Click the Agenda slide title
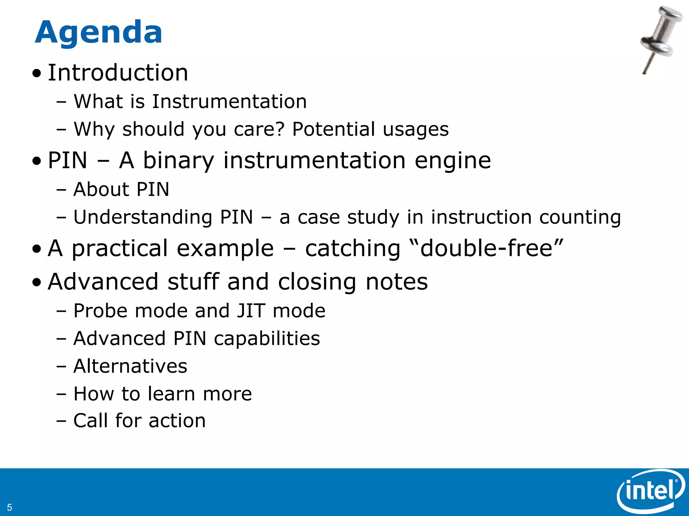tap(98, 33)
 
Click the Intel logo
tap(650, 491)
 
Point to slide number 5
tap(9, 507)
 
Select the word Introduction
tap(118, 73)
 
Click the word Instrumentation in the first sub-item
tap(229, 101)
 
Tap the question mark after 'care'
tap(280, 129)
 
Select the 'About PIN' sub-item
tap(121, 189)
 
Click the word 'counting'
tap(580, 217)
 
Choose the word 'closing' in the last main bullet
tap(317, 282)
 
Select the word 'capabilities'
tap(267, 339)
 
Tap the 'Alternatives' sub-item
tap(130, 366)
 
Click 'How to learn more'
tap(162, 394)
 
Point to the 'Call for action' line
tap(139, 421)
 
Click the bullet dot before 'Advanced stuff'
tap(37, 283)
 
